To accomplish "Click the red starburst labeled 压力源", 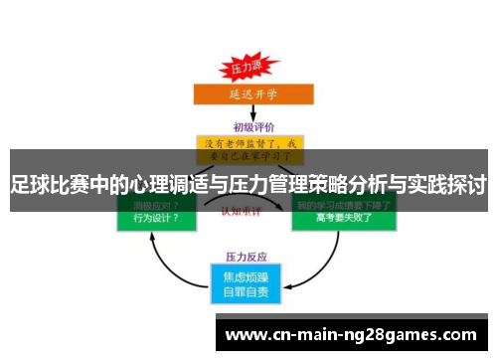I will [248, 69].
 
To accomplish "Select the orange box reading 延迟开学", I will [248, 94].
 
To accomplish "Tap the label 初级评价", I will [248, 126].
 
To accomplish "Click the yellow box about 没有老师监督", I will [248, 148].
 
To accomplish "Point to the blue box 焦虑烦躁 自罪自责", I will [248, 283].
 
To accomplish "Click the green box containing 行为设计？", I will [150, 216].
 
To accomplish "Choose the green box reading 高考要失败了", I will [343, 216].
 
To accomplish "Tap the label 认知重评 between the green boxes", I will [248, 212].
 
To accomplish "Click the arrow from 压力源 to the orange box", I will [248, 82].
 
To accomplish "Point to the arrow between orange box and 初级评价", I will [248, 111].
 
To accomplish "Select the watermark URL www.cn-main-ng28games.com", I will [352, 334].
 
